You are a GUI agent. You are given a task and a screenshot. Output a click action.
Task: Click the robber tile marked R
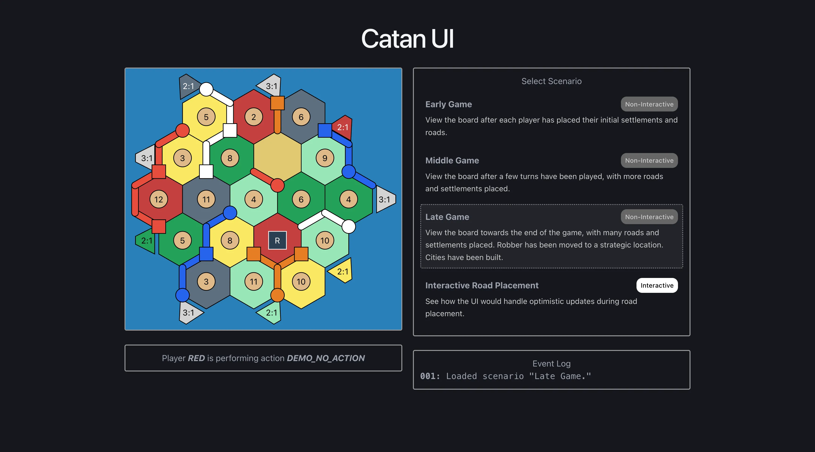[x=277, y=240]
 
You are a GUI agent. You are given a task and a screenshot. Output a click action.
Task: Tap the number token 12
[x=158, y=199]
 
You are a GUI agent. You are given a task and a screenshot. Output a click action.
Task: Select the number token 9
[x=324, y=158]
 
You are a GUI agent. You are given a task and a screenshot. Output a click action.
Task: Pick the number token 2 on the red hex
[x=254, y=117]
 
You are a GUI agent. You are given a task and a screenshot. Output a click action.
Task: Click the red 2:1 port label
[x=343, y=127]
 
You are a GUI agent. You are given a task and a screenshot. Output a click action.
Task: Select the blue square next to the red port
[x=324, y=131]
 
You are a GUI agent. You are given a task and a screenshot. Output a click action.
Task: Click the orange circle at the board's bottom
[x=277, y=295]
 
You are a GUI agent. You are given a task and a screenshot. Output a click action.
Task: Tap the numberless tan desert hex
[x=277, y=158]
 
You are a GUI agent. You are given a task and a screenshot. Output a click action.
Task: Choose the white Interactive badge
[x=657, y=285]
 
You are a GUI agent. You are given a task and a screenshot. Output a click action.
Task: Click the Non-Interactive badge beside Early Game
[x=649, y=104]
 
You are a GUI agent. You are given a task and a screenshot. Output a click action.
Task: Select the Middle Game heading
[x=452, y=161]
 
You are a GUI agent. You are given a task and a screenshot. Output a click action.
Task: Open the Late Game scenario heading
[x=447, y=217]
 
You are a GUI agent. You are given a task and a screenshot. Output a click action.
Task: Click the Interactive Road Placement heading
[x=482, y=285]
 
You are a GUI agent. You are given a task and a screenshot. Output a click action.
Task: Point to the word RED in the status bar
[x=196, y=358]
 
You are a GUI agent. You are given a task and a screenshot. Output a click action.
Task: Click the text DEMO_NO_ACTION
[x=326, y=358]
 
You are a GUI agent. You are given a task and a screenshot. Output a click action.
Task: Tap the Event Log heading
[x=551, y=364]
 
